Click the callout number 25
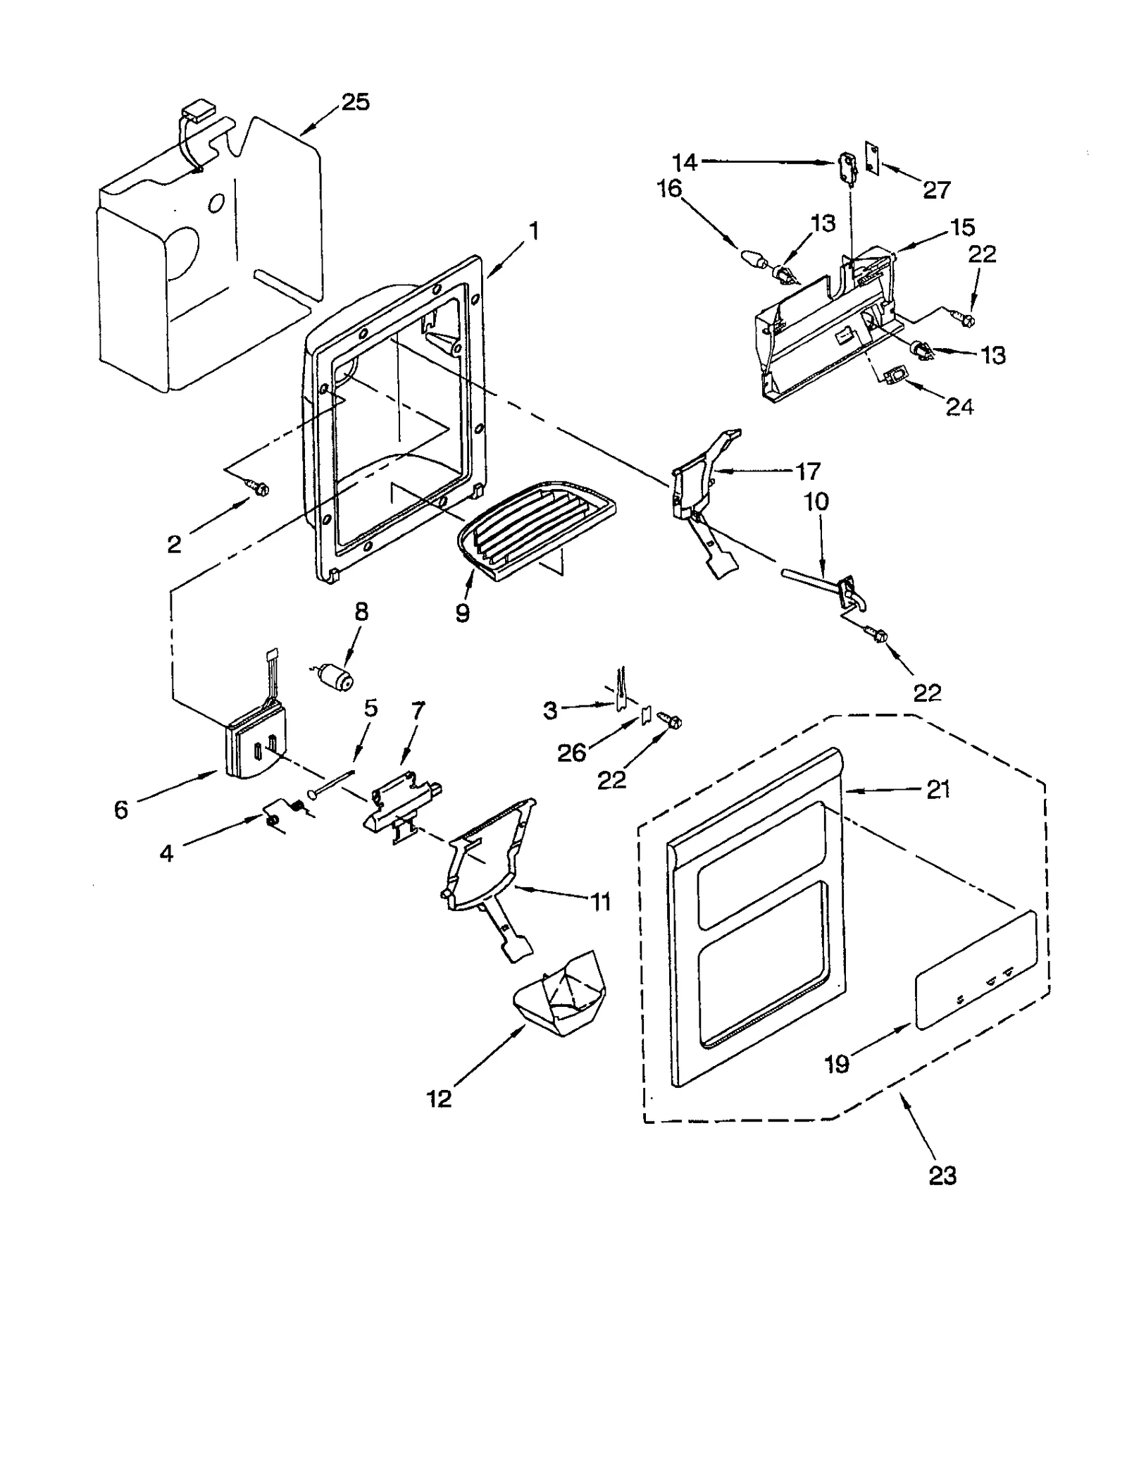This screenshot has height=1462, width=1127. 355,102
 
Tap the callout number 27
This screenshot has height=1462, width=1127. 937,189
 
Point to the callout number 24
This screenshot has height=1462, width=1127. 959,407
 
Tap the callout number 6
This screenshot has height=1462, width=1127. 121,810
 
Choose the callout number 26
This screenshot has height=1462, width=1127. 571,752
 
